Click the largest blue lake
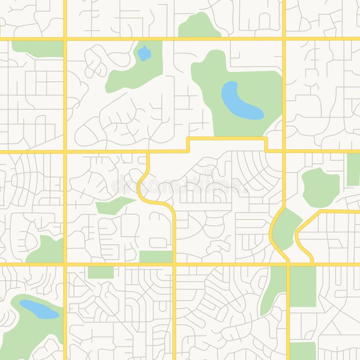click(238, 101)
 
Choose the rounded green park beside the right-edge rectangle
click(320, 187)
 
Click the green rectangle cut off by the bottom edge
click(302, 351)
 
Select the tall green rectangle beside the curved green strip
click(302, 286)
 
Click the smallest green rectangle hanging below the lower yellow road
click(100, 272)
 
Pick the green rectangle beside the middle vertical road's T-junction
click(156, 257)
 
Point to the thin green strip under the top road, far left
click(37, 49)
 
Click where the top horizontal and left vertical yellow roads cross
click(65, 39)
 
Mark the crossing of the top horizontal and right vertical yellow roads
click(284, 39)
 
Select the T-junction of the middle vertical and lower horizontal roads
click(174, 264)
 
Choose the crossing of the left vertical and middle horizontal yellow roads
click(65, 152)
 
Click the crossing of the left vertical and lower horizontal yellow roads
click(65, 264)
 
